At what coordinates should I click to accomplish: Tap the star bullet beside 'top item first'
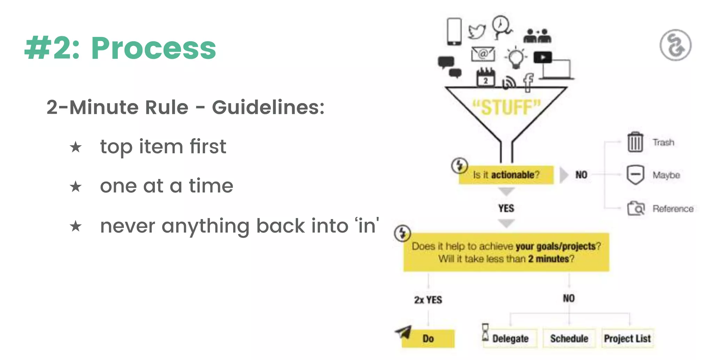pyautogui.click(x=76, y=147)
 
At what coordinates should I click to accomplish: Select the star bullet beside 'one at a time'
pyautogui.click(x=76, y=187)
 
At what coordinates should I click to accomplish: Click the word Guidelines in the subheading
pyautogui.click(x=268, y=107)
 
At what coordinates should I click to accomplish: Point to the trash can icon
pyautogui.click(x=635, y=142)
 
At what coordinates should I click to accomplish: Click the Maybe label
pyautogui.click(x=666, y=175)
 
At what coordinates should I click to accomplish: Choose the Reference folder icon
pyautogui.click(x=636, y=208)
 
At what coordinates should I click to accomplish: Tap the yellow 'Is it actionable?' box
pyautogui.click(x=506, y=175)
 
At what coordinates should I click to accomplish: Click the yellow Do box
pyautogui.click(x=428, y=338)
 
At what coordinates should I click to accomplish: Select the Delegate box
pyautogui.click(x=510, y=338)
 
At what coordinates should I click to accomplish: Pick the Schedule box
pyautogui.click(x=569, y=338)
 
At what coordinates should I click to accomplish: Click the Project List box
pyautogui.click(x=627, y=338)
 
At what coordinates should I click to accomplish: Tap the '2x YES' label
pyautogui.click(x=428, y=300)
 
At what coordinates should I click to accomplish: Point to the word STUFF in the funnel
pyautogui.click(x=507, y=107)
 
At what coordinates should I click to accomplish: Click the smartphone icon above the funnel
pyautogui.click(x=454, y=31)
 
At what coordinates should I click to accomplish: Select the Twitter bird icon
pyautogui.click(x=477, y=31)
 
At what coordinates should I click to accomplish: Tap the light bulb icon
pyautogui.click(x=516, y=57)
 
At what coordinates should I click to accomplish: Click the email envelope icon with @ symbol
pyautogui.click(x=483, y=54)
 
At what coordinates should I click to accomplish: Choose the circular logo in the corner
pyautogui.click(x=675, y=45)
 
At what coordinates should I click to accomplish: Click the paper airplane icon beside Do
pyautogui.click(x=404, y=332)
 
